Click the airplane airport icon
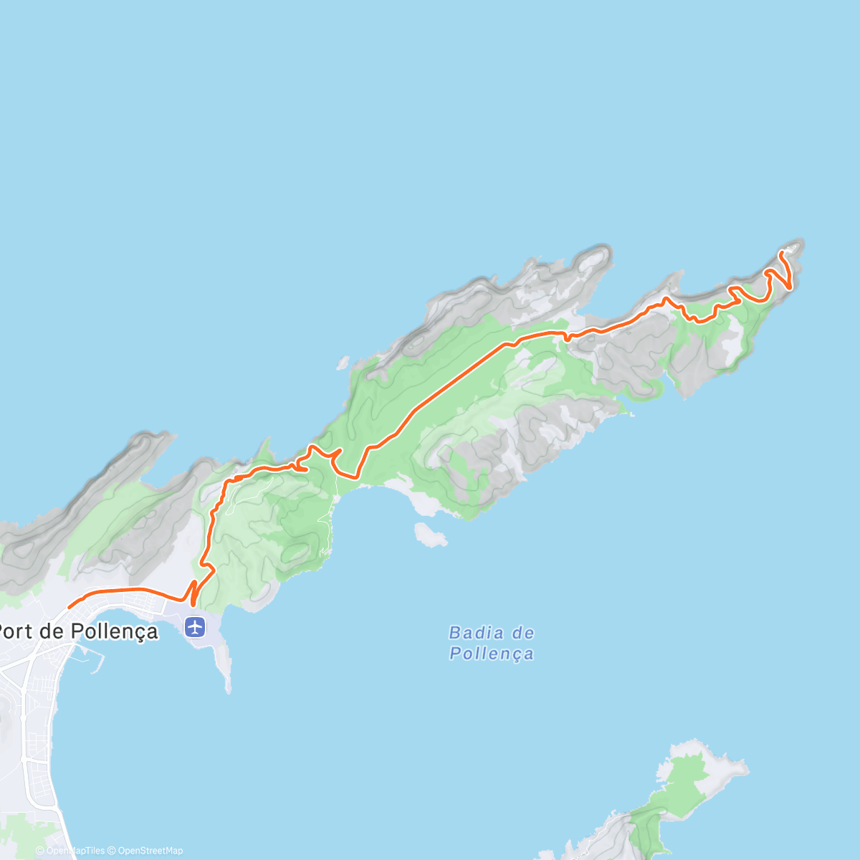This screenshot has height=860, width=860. pyautogui.click(x=194, y=627)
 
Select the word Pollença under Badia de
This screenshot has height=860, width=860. pyautogui.click(x=492, y=654)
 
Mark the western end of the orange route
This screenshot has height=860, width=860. pyautogui.click(x=70, y=607)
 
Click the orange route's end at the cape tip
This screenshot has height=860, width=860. pyautogui.click(x=780, y=252)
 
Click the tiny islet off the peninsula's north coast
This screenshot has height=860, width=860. pyautogui.click(x=343, y=363)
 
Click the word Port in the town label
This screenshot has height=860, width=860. pyautogui.click(x=16, y=631)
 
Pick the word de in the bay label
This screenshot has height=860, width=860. pyautogui.click(x=523, y=633)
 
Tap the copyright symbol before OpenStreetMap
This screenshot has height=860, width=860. pyautogui.click(x=111, y=851)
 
